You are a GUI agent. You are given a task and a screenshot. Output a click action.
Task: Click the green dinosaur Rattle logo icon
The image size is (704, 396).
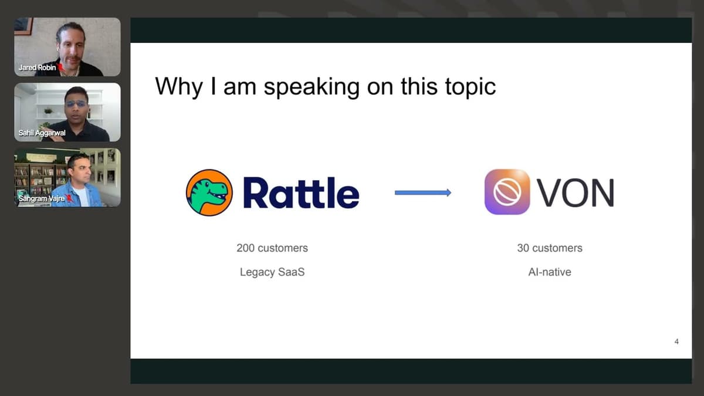point(209,192)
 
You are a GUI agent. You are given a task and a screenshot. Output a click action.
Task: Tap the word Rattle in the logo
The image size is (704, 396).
point(301,192)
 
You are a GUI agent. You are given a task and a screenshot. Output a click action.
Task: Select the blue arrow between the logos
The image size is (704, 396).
point(422,192)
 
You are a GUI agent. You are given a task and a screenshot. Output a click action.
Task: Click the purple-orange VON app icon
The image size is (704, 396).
point(507,192)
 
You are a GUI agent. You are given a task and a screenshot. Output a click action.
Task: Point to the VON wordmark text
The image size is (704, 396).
point(576,192)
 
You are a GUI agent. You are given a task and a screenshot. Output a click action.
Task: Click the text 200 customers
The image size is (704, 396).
point(272,248)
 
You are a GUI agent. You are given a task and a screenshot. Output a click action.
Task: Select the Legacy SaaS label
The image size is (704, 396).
point(272,272)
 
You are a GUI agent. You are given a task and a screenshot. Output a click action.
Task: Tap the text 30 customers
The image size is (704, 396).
point(550,248)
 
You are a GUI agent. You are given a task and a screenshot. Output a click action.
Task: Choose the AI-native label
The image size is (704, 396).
point(550,272)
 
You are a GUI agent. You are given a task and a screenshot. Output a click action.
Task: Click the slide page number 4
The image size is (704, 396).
point(676,342)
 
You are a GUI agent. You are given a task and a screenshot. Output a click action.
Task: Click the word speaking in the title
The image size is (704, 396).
point(311,87)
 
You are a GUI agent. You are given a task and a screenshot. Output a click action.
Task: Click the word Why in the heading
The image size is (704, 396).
point(174,86)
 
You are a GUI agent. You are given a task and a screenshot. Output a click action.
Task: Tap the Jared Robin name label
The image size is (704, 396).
point(38,67)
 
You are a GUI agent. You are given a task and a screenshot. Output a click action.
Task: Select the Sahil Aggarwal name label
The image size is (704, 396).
point(42,133)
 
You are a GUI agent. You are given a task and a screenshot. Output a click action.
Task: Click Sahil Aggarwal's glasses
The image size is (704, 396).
point(76,104)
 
